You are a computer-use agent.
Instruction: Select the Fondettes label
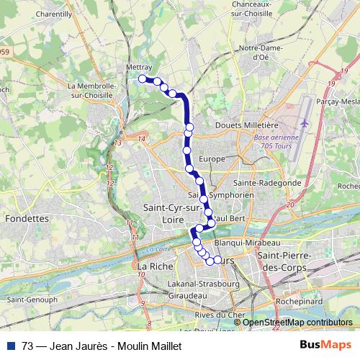point(26,217)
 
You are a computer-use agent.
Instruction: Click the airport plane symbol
point(305,123)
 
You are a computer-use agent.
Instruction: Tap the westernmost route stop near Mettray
point(143,78)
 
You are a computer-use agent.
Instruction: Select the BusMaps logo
point(325,346)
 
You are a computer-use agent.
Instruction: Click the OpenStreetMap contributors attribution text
point(297,323)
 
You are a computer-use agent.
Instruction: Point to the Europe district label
point(212,158)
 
